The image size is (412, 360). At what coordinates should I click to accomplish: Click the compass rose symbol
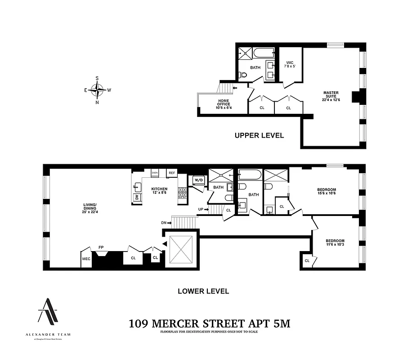pos(97,90)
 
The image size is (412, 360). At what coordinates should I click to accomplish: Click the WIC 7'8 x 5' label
pos(289,64)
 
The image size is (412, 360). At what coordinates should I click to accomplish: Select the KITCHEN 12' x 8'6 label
pos(159,191)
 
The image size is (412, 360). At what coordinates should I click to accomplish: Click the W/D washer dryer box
pos(198,180)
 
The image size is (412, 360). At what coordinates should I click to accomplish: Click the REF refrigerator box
pos(171,172)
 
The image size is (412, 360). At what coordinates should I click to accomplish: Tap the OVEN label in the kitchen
pos(155,172)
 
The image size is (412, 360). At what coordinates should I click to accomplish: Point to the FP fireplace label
pos(102,247)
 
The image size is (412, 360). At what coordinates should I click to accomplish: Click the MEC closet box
pos(86,259)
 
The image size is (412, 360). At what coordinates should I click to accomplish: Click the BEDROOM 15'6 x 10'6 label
pos(327,191)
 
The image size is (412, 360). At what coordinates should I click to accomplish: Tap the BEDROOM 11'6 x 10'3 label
pos(335,243)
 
